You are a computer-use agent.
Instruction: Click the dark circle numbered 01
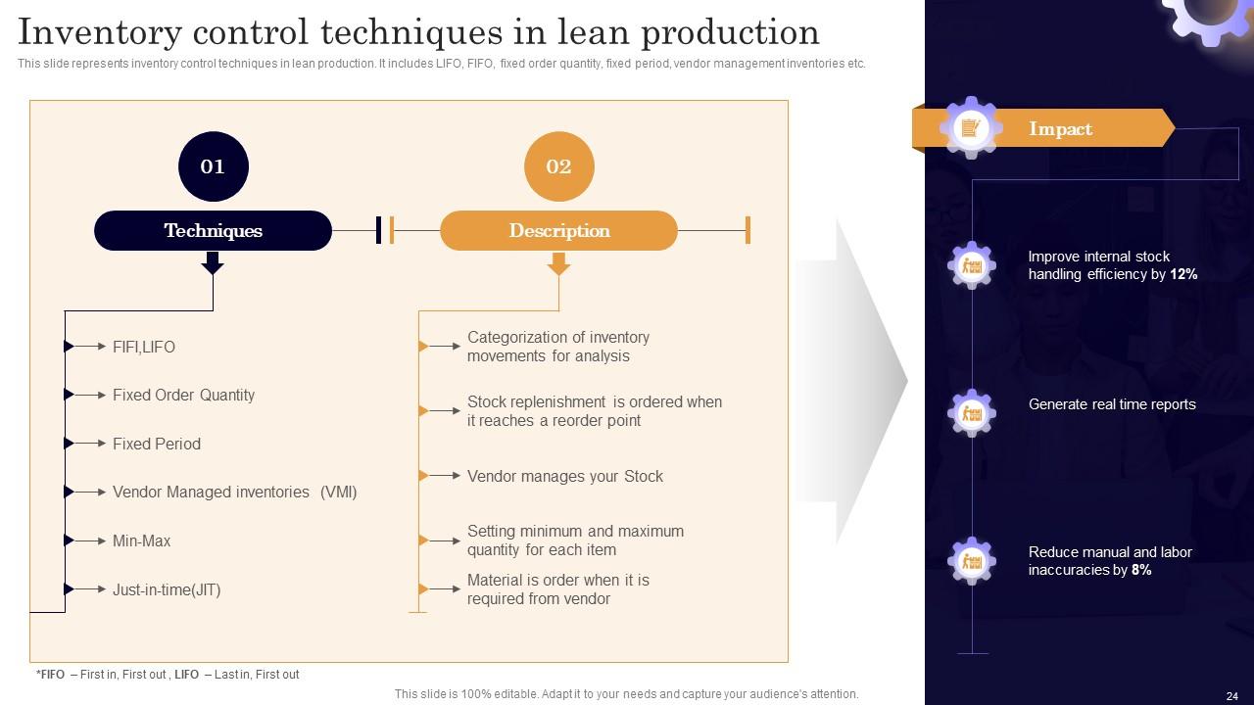coord(213,166)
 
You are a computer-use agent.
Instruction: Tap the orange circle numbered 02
coord(558,166)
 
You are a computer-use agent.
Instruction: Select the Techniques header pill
coord(213,231)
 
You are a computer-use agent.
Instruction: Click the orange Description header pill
coord(558,231)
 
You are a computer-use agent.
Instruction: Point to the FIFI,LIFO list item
coord(143,347)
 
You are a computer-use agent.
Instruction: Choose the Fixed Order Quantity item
coord(183,395)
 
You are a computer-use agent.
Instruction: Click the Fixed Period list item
coord(156,444)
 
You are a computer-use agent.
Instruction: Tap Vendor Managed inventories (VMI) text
coord(234,492)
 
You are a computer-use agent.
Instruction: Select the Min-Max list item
coord(141,540)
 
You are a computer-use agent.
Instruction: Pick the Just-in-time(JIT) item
coord(166,589)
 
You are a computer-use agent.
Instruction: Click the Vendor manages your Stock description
coord(564,476)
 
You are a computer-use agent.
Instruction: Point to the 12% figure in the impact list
coord(1183,275)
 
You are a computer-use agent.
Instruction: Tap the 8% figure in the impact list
coord(1141,570)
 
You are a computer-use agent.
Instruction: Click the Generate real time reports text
coord(1111,404)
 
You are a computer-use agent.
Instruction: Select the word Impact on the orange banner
coord(1060,129)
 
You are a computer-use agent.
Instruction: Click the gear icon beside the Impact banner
coord(971,127)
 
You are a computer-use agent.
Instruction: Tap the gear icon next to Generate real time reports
coord(971,413)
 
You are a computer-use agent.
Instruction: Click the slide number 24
coord(1231,696)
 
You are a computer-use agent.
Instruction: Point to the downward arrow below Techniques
coord(213,263)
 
